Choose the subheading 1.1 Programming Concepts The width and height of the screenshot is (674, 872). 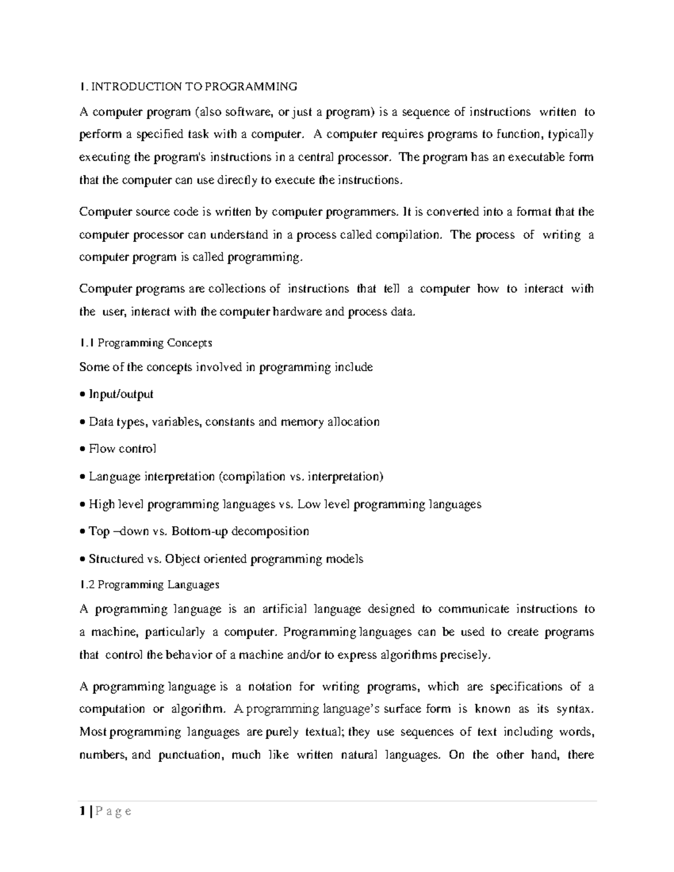point(145,343)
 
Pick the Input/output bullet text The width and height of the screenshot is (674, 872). point(121,394)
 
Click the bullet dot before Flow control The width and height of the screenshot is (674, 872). point(83,449)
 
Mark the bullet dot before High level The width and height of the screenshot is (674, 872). point(83,504)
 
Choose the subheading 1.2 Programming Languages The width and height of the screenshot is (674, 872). point(149,585)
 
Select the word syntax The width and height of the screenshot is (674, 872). point(574,709)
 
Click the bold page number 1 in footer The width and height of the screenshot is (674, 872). point(83,811)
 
